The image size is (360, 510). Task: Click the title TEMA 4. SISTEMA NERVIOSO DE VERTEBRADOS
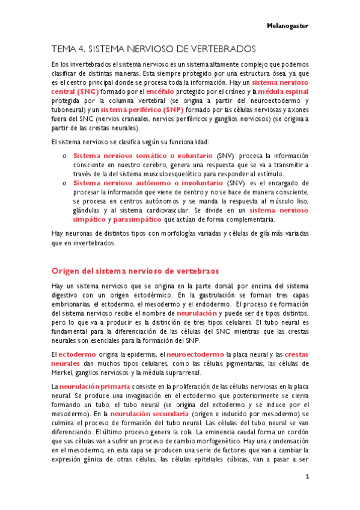click(x=154, y=48)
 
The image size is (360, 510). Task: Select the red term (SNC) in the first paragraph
click(x=83, y=91)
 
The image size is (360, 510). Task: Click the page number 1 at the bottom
click(x=307, y=477)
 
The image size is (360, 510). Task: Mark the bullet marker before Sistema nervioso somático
click(x=65, y=156)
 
